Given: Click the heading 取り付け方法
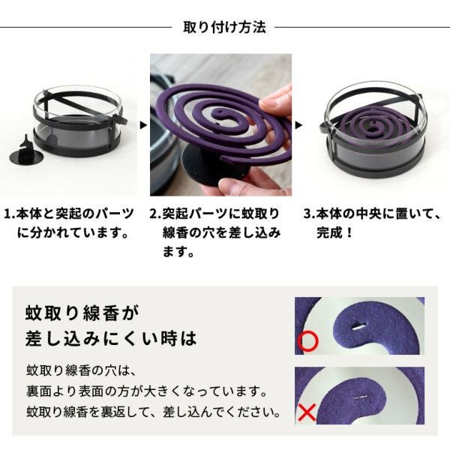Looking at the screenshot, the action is click(x=225, y=27).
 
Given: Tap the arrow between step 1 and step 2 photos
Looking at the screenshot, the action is click(x=143, y=125).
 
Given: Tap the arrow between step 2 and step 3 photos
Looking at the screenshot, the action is click(x=298, y=125).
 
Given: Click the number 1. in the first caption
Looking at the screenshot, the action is click(x=10, y=214).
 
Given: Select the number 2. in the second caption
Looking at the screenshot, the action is click(x=156, y=214).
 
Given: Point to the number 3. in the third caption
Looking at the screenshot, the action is click(x=310, y=214).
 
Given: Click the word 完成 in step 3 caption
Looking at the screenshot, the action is click(x=330, y=232).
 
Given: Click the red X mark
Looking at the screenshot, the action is click(x=307, y=412).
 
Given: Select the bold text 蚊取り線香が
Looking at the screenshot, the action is click(x=82, y=313).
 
